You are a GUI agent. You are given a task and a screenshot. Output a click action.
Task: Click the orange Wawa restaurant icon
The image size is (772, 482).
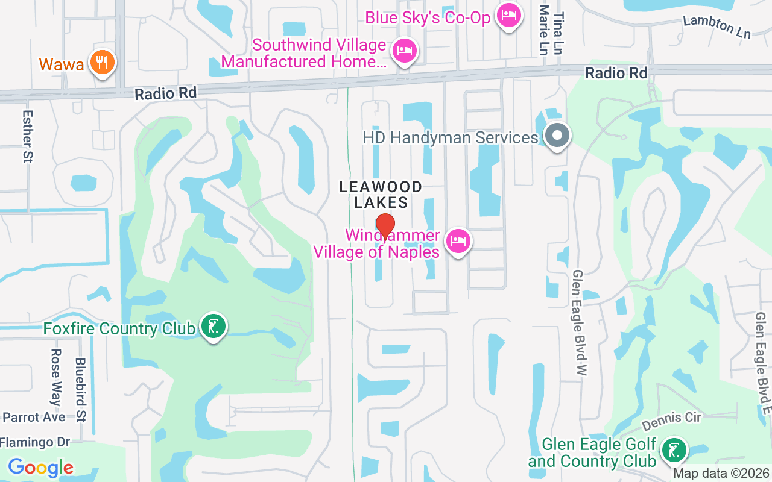pyautogui.click(x=102, y=62)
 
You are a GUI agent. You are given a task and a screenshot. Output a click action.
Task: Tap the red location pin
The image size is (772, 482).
pyautogui.click(x=385, y=227)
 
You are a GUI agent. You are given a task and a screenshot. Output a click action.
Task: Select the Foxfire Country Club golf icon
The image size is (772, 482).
pyautogui.click(x=212, y=327)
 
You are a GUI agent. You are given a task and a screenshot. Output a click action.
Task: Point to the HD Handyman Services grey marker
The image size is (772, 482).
pyautogui.click(x=557, y=136)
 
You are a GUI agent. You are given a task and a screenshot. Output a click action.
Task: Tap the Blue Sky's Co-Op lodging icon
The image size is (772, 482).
pyautogui.click(x=508, y=16)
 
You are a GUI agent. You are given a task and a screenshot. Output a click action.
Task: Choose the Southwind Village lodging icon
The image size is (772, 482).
pyautogui.click(x=403, y=51)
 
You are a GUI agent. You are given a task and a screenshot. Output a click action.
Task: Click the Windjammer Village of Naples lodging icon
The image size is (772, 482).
pyautogui.click(x=458, y=242)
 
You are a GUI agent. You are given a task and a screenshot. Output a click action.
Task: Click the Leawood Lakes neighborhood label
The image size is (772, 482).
pyautogui.click(x=381, y=195)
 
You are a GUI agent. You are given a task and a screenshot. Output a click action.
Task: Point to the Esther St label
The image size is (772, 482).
pyautogui.click(x=27, y=136)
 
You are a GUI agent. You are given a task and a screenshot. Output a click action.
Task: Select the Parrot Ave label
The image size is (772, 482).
pyautogui.click(x=34, y=417)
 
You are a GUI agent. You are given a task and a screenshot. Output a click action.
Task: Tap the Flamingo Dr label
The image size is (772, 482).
pyautogui.click(x=36, y=442)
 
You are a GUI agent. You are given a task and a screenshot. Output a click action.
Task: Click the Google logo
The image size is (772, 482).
pyautogui.click(x=40, y=467)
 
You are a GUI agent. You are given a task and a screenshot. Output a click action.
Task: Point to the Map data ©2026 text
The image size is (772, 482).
pyautogui.click(x=721, y=474)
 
